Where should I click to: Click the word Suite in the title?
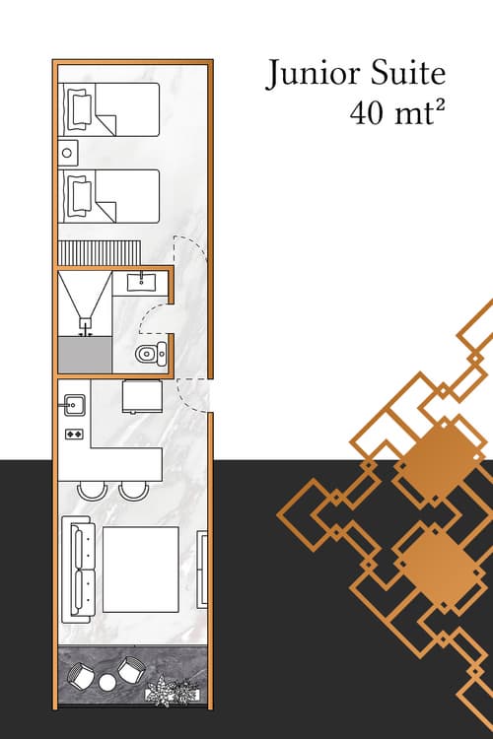click(403, 75)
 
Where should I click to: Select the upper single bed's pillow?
click(78, 108)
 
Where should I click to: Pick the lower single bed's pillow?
click(78, 195)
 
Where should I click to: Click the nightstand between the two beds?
click(67, 152)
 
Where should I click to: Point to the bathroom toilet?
click(149, 354)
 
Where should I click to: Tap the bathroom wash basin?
click(142, 281)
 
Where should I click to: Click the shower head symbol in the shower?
click(86, 321)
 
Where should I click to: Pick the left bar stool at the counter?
click(92, 490)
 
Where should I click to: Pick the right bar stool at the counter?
click(132, 490)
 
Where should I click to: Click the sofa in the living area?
click(78, 572)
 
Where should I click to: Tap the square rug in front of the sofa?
click(141, 570)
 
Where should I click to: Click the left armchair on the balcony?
click(80, 677)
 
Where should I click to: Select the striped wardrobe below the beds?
click(101, 252)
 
